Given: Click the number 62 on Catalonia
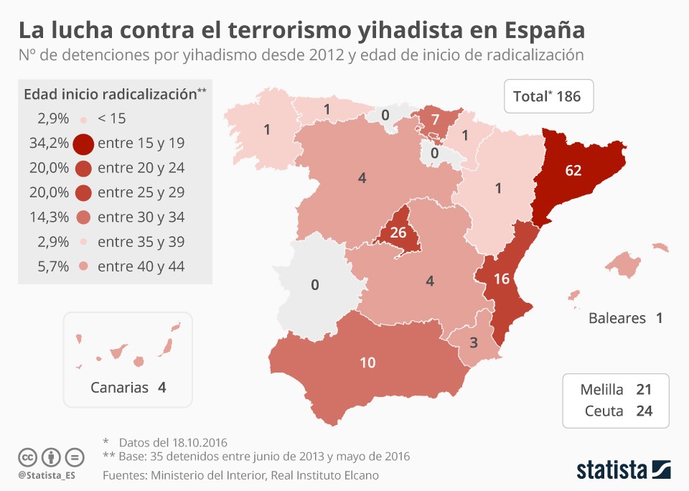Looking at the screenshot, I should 573,170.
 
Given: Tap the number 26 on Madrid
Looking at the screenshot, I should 398,233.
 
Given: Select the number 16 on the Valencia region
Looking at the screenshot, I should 502,279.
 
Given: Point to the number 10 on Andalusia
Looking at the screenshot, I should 367,363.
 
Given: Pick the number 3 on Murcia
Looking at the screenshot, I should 473,342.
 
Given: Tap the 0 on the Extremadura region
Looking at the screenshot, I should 314,285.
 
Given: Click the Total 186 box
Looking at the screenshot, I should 548,96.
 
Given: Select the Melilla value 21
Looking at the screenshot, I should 644,390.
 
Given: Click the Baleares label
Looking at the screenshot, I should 617,318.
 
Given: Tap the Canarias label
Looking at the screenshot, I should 119,388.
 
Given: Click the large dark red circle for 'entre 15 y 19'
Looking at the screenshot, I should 83,144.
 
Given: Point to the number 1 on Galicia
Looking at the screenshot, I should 267,130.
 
